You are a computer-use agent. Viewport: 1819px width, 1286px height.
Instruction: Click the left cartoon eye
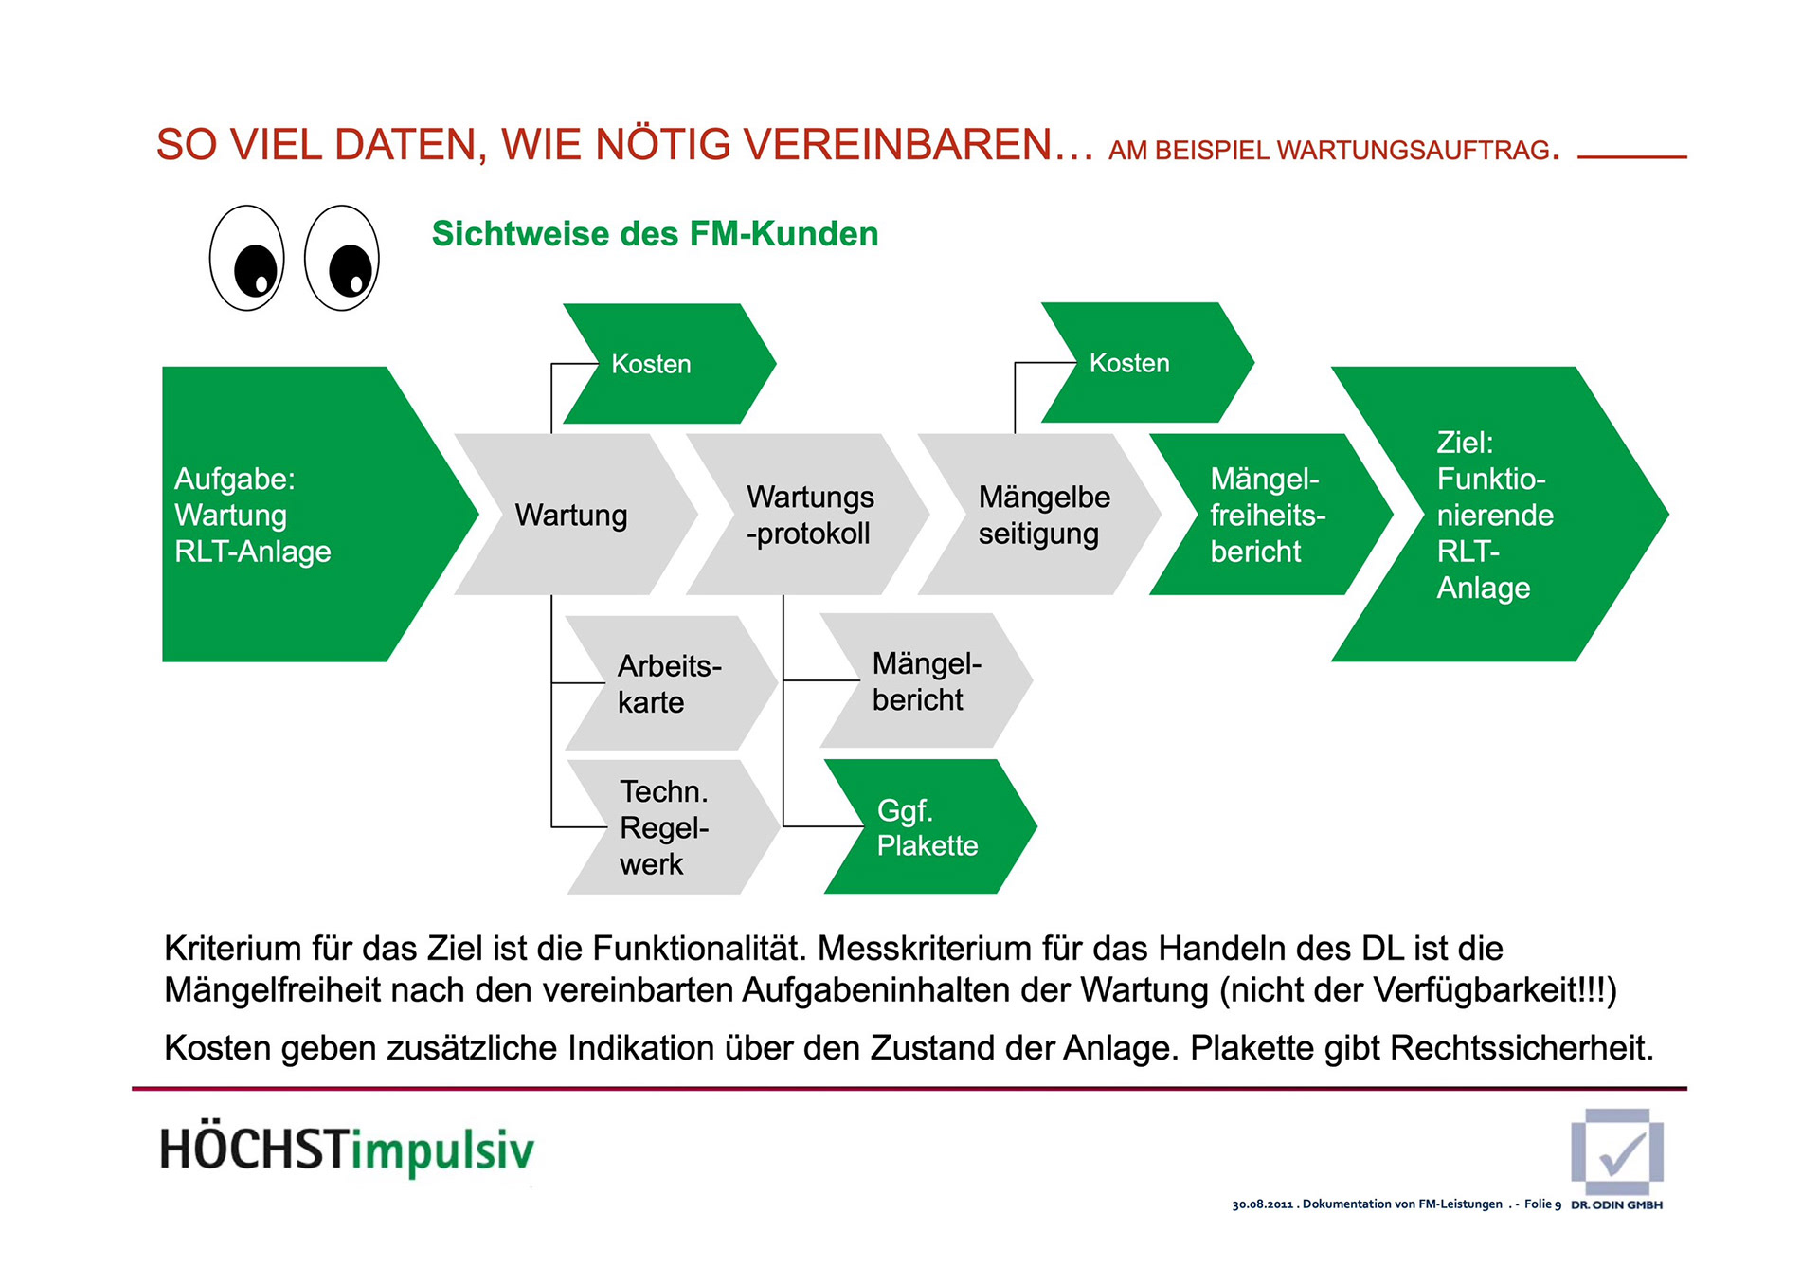[x=246, y=258]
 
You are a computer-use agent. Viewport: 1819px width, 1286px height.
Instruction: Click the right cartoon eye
[x=342, y=258]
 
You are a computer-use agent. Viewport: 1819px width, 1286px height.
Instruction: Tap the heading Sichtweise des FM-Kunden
[x=655, y=234]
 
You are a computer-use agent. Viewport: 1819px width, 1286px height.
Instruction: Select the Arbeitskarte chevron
[x=669, y=683]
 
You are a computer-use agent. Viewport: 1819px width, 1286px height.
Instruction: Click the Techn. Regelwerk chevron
[x=669, y=827]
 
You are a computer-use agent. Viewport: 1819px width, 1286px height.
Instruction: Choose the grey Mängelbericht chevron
[x=925, y=681]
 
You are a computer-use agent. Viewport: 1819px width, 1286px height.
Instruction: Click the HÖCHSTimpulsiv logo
[x=347, y=1150]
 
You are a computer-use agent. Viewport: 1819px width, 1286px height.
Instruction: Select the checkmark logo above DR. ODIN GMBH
[x=1617, y=1151]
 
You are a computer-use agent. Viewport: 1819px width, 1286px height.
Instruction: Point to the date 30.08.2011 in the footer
[x=1262, y=1204]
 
